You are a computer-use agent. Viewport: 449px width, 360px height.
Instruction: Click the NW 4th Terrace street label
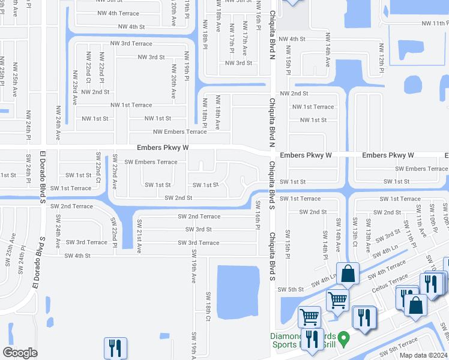tap(119, 13)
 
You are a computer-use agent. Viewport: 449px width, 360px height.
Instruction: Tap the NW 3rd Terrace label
tap(131, 44)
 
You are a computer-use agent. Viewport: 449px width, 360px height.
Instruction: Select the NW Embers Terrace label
tap(180, 132)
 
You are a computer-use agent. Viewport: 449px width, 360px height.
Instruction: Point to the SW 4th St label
tap(77, 256)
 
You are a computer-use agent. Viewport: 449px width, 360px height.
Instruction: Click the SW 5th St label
tap(291, 289)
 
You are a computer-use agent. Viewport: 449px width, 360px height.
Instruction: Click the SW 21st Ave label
tap(139, 238)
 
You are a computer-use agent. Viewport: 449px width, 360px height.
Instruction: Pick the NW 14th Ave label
tap(327, 54)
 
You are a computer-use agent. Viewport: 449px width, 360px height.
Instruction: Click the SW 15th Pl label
tap(288, 241)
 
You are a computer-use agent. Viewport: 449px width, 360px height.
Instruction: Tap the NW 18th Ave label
tap(218, 112)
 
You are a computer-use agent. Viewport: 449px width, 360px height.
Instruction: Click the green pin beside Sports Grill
tap(343, 340)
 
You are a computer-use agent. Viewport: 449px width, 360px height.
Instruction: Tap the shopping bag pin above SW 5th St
tap(348, 274)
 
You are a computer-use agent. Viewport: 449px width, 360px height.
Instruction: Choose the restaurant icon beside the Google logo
tap(115, 347)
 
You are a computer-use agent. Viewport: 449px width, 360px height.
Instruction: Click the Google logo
tap(20, 353)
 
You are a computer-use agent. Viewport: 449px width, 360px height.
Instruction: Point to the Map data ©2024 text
tap(423, 355)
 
